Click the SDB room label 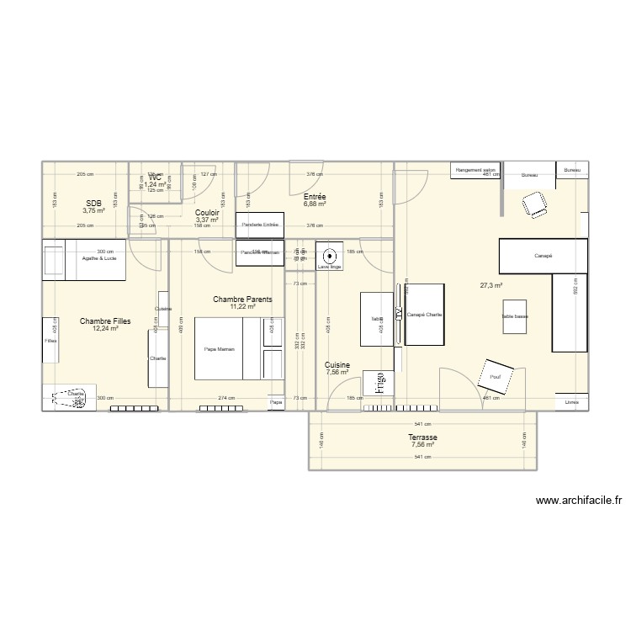pos(94,204)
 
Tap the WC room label pos(155,178)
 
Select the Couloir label pos(207,214)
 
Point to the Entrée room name pos(315,196)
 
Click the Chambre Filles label pos(106,321)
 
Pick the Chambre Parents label pos(242,300)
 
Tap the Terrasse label pos(423,438)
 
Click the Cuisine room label pos(337,365)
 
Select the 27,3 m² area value pos(490,285)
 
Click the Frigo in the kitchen pos(379,383)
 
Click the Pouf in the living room pos(494,376)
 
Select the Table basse pos(514,316)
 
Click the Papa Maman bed pos(220,348)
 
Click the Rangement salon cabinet pos(476,170)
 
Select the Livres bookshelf pos(572,402)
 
